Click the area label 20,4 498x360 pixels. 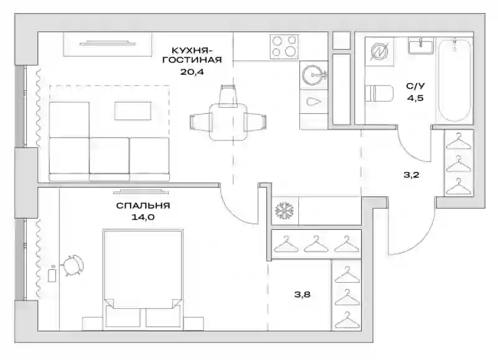(x=192, y=72)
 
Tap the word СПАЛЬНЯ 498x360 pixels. (x=143, y=206)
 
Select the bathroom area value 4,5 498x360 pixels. (x=415, y=98)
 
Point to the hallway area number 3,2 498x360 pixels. (x=411, y=175)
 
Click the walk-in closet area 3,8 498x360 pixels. (x=302, y=295)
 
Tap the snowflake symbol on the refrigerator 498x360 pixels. (x=284, y=211)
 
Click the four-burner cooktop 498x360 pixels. (x=284, y=46)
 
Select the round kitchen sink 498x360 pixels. (x=314, y=75)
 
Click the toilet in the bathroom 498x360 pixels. (x=379, y=93)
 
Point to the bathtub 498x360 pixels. (x=454, y=80)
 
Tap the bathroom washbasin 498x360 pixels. (x=421, y=45)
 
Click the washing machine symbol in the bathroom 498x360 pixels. (x=379, y=52)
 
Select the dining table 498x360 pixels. (x=228, y=121)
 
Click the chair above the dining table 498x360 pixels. (x=228, y=96)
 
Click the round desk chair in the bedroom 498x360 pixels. (x=73, y=265)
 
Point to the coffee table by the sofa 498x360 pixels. (x=133, y=111)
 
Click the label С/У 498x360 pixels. (x=415, y=86)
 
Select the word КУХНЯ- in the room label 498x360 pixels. (x=192, y=50)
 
